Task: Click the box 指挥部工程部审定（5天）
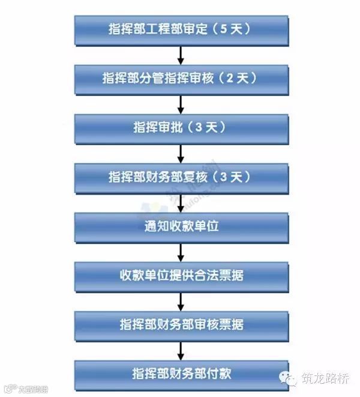(180, 28)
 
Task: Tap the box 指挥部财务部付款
(180, 374)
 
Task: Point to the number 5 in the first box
(224, 28)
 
